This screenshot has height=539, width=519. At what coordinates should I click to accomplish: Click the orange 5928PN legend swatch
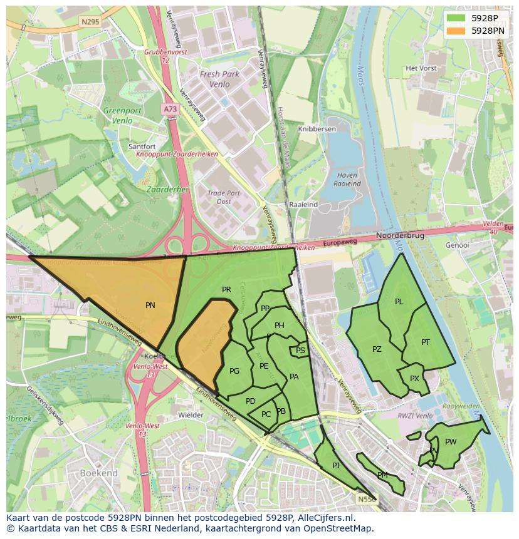[x=456, y=30]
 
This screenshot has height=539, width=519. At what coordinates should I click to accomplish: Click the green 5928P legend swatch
[x=456, y=18]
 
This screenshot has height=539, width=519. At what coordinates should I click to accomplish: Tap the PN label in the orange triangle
[x=150, y=305]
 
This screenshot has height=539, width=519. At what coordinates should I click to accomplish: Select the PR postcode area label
[x=227, y=290]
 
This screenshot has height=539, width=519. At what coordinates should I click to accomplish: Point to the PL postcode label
[x=399, y=302]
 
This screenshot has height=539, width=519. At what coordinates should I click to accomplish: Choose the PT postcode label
[x=426, y=342]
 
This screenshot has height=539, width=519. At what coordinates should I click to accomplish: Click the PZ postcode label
[x=377, y=349]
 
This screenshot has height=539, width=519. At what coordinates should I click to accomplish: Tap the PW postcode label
[x=451, y=442]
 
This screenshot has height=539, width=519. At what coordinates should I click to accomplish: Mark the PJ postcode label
[x=336, y=465]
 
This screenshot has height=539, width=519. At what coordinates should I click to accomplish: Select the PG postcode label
[x=234, y=371]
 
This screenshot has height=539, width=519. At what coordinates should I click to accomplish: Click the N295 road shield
[x=90, y=21]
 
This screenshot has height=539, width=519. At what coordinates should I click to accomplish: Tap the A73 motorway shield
[x=170, y=108]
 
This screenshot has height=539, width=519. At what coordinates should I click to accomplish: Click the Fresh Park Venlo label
[x=219, y=79]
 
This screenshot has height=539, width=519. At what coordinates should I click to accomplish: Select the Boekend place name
[x=99, y=474]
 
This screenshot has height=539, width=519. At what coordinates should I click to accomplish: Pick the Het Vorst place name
[x=420, y=68]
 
